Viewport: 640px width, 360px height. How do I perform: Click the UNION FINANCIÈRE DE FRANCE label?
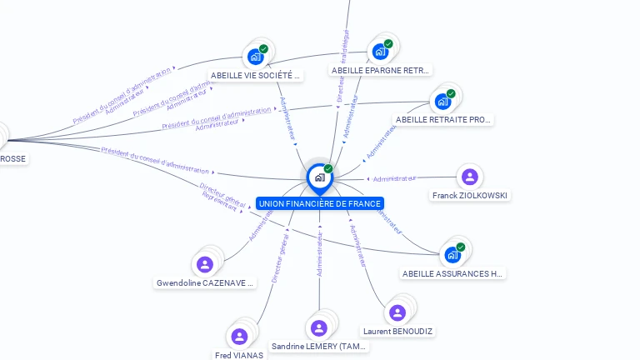point(320,203)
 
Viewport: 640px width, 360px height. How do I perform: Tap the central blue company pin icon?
point(319,177)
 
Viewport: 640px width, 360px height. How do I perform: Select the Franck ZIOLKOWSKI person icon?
point(469,177)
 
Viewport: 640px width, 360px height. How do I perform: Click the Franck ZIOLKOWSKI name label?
point(470,196)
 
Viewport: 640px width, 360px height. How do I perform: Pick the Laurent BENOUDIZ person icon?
point(397,312)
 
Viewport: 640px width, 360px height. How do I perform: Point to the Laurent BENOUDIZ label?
point(398,332)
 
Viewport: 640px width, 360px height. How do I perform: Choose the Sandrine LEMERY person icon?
point(319,327)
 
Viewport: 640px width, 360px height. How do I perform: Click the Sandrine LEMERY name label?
point(320,347)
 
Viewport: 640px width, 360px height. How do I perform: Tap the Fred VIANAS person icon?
point(240,337)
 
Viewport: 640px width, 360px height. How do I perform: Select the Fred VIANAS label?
point(239,355)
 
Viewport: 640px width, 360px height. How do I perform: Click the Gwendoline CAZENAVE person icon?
point(205,264)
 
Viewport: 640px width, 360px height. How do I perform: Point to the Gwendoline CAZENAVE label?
point(205,283)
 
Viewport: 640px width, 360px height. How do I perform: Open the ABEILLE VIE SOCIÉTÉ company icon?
point(255,57)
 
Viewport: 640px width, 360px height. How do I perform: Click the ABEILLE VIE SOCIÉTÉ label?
point(255,75)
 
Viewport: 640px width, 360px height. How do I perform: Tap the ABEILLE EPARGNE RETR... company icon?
point(380,52)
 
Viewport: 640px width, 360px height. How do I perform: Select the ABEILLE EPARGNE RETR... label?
point(381,71)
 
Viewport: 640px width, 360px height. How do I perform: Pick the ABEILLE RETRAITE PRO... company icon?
point(442,102)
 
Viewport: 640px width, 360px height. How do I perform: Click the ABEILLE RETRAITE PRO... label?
point(444,120)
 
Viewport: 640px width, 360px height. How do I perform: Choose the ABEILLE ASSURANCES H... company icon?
point(452,254)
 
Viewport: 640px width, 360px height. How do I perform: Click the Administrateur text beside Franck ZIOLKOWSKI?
point(394,179)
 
